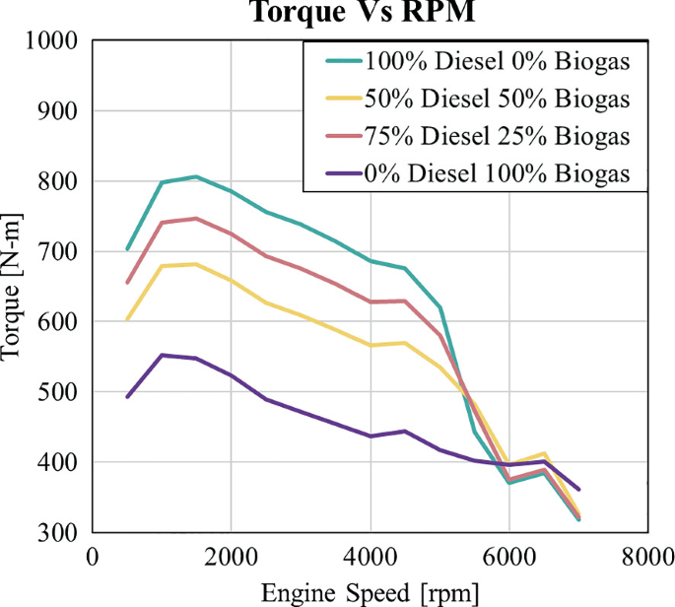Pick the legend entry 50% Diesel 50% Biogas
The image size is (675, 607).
pos(498,99)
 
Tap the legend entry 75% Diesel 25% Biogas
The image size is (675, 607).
pos(498,136)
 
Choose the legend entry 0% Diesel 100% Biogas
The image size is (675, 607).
pos(498,173)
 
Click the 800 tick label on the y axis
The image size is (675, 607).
pos(61,182)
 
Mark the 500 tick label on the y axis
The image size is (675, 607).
pos(61,392)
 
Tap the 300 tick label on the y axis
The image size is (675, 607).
pos(61,533)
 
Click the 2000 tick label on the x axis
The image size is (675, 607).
pos(232,557)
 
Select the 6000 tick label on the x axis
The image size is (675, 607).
pos(509,557)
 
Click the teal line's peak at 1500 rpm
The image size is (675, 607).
pos(196,176)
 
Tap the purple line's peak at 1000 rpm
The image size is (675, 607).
pos(162,355)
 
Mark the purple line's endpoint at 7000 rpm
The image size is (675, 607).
pos(578,490)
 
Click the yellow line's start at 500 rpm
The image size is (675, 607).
pos(127,319)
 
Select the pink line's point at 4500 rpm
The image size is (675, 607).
pos(404,301)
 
